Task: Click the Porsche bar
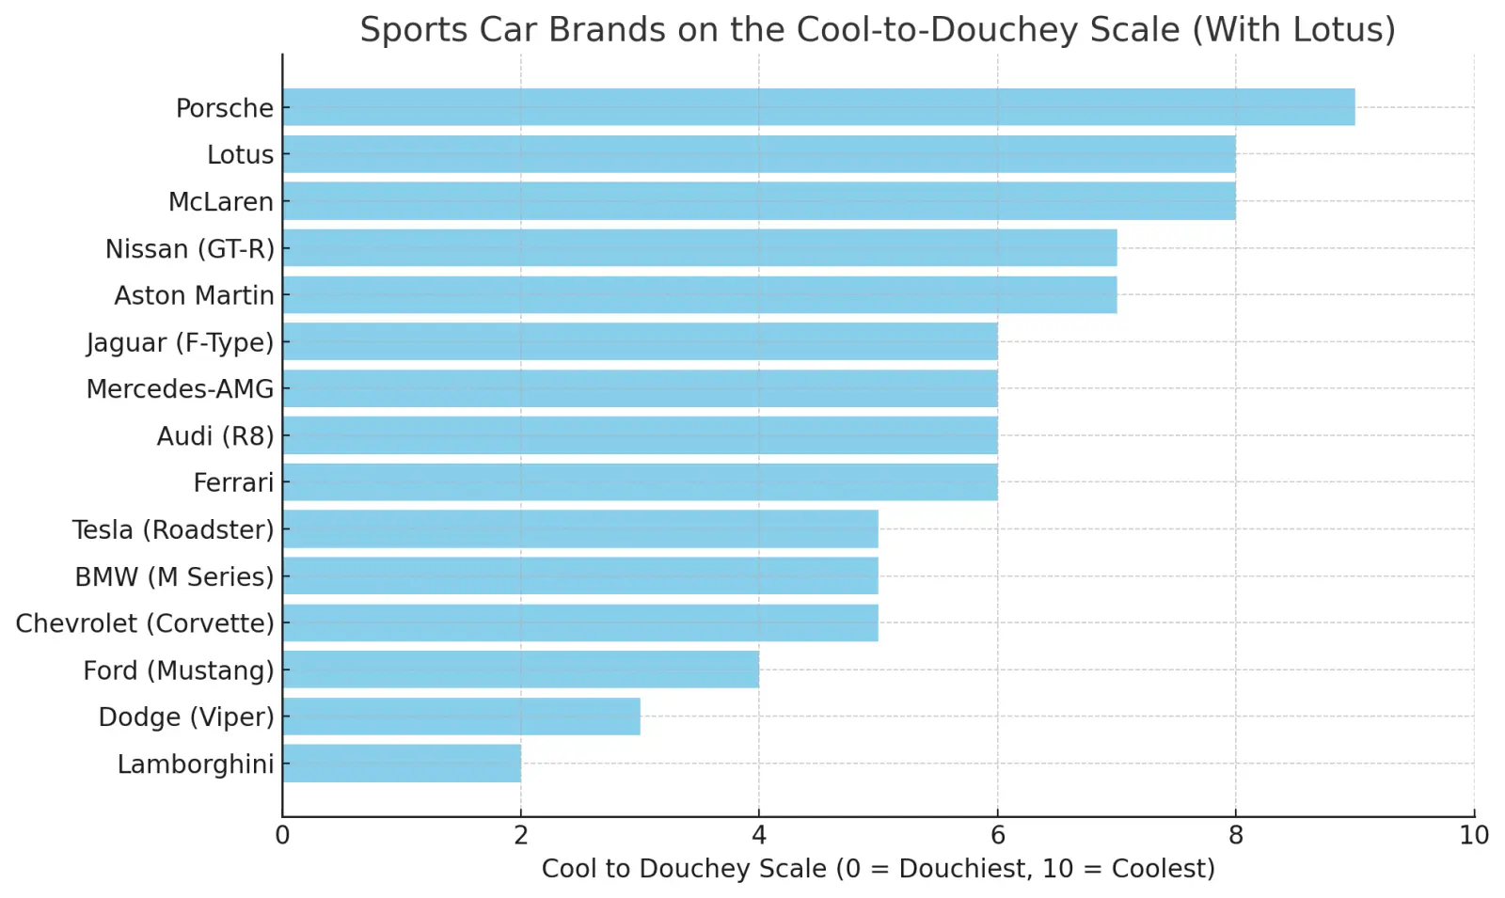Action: pos(818,107)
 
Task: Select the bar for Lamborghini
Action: pos(402,764)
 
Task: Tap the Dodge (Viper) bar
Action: pos(461,717)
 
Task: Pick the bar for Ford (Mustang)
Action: pos(520,670)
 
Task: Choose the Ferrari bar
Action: pos(640,482)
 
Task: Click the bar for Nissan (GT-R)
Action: pos(699,248)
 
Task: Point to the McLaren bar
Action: pos(758,201)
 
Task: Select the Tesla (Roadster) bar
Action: pos(579,529)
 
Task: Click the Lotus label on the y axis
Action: pos(240,155)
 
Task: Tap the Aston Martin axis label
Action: pos(194,295)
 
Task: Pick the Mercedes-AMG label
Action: pos(180,389)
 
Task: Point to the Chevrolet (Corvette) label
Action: pos(145,623)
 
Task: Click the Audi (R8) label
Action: pos(215,436)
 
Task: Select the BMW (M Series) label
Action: pos(174,576)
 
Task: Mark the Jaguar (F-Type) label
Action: pos(180,343)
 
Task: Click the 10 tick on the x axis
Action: pos(1474,835)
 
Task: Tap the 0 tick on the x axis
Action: pos(282,835)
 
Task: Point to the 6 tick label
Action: pos(997,835)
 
